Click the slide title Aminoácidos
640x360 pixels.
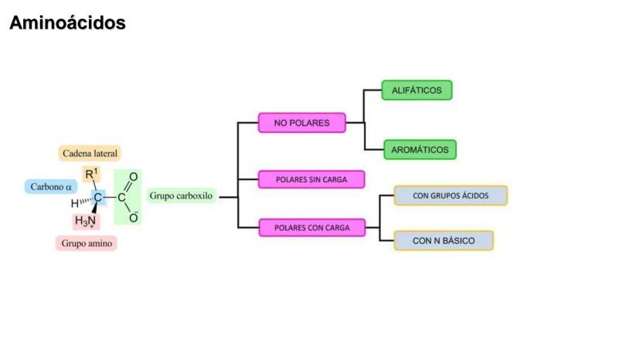(x=67, y=24)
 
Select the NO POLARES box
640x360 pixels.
(x=301, y=123)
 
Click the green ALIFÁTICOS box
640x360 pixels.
(x=417, y=90)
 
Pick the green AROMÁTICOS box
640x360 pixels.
(x=420, y=150)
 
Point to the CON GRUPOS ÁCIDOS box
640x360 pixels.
(x=451, y=195)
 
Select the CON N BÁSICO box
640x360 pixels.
(x=444, y=241)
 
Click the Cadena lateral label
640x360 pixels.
(x=90, y=154)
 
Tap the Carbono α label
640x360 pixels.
(x=51, y=186)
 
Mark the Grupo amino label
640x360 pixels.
(x=86, y=243)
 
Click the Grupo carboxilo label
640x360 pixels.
(x=180, y=196)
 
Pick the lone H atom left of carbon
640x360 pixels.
(x=74, y=204)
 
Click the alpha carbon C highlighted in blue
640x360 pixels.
(x=98, y=198)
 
